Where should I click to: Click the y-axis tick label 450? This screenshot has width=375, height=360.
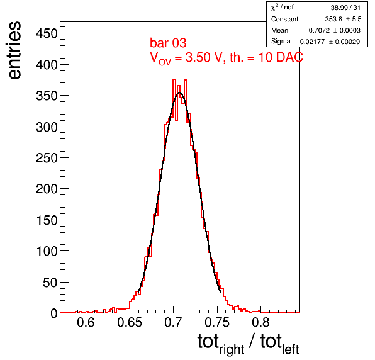pos(47,33)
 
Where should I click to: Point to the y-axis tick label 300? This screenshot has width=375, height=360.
pos(47,127)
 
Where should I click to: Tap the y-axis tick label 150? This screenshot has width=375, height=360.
pos(47,220)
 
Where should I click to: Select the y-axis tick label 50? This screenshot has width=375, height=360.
pos(50,283)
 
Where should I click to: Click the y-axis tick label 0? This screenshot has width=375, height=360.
pos(54,313)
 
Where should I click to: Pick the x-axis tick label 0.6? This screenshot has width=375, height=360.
pos(86,322)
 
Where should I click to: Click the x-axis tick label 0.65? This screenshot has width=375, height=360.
pos(130,322)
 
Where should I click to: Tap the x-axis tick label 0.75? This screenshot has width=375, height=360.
pos(217,322)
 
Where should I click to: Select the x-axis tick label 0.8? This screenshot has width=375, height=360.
pos(260,322)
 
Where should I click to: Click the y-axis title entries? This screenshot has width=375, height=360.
pos(14,50)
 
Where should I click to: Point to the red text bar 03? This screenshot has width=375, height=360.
pos(168,43)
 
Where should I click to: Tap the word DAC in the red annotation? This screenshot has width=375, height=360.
pos(289,57)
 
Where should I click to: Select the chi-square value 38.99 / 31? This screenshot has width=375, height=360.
pos(345,8)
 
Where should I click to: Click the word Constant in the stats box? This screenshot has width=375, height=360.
pos(284,19)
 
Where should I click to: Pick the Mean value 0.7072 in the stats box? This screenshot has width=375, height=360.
pos(319,30)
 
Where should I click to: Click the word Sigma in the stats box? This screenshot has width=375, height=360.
pos(281,41)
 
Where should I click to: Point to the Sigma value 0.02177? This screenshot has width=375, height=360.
pos(312,42)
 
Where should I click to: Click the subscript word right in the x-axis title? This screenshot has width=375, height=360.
pos(232,349)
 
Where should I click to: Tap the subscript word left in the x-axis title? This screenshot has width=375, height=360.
pos(291,349)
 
